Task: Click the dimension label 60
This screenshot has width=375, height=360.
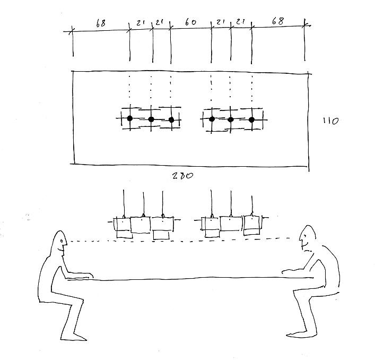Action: pyautogui.click(x=190, y=22)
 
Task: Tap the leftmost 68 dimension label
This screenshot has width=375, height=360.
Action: pyautogui.click(x=101, y=23)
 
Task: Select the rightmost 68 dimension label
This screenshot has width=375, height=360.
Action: pyautogui.click(x=278, y=21)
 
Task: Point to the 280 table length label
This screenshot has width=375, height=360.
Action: pyautogui.click(x=182, y=176)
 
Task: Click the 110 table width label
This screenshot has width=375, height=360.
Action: pyautogui.click(x=331, y=121)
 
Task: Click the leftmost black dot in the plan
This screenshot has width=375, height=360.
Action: pyautogui.click(x=130, y=118)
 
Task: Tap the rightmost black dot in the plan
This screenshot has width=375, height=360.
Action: pyautogui.click(x=251, y=119)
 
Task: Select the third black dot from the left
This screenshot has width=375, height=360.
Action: pyautogui.click(x=171, y=119)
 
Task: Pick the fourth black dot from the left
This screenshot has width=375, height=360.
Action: pyautogui.click(x=212, y=119)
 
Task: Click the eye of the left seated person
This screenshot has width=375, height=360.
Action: pyautogui.click(x=62, y=241)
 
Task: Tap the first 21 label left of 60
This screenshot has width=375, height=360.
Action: pyautogui.click(x=159, y=22)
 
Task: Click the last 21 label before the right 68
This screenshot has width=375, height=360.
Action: pyautogui.click(x=240, y=22)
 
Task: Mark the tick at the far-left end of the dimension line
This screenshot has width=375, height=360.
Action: pyautogui.click(x=72, y=31)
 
